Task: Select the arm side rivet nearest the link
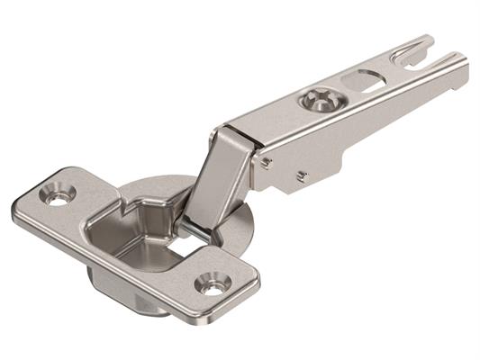coord(267,162)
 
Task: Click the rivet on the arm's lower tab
coord(302,176)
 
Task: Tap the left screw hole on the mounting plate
coord(58,197)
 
